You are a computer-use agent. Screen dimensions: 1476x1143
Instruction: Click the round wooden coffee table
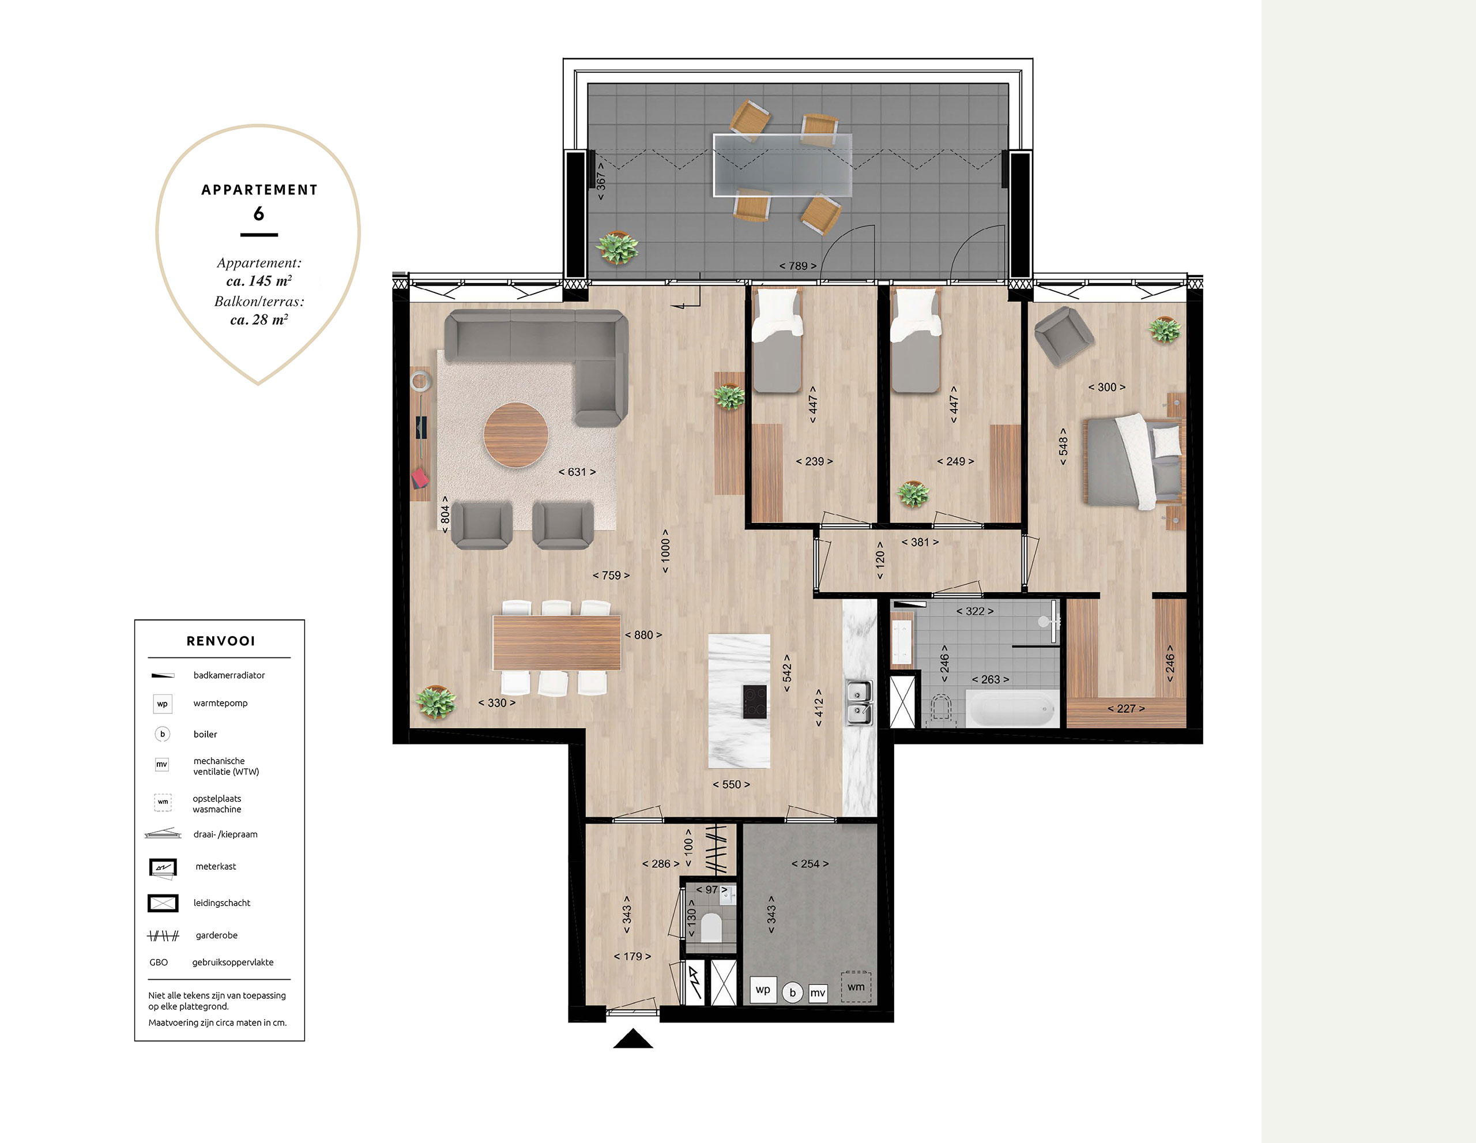click(515, 435)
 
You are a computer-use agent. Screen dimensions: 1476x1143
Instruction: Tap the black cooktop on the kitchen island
click(754, 702)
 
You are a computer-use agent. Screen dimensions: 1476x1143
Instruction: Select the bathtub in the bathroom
click(1011, 709)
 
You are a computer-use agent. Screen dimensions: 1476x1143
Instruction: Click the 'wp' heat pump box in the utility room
click(763, 990)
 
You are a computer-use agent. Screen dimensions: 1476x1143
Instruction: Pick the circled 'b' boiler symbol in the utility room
click(793, 992)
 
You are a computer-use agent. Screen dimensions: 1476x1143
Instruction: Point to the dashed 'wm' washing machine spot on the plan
click(856, 987)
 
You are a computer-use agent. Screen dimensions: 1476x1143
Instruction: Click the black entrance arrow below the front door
click(632, 1038)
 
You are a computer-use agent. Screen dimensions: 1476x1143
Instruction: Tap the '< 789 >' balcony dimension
click(797, 266)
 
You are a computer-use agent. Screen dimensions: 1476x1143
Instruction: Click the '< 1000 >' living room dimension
click(666, 551)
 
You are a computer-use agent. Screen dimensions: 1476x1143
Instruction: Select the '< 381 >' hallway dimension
click(920, 542)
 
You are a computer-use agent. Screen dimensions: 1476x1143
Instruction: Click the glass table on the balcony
click(782, 165)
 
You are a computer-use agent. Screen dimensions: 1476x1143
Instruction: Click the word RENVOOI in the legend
click(221, 641)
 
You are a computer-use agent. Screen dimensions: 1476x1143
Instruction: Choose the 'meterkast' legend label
click(216, 867)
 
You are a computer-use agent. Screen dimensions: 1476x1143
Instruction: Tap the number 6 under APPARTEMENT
click(259, 213)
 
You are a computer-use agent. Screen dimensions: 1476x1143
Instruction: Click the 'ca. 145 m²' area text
click(259, 280)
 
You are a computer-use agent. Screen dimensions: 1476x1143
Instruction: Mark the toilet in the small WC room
click(711, 927)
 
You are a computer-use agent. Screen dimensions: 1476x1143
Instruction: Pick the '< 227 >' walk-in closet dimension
click(1126, 708)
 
